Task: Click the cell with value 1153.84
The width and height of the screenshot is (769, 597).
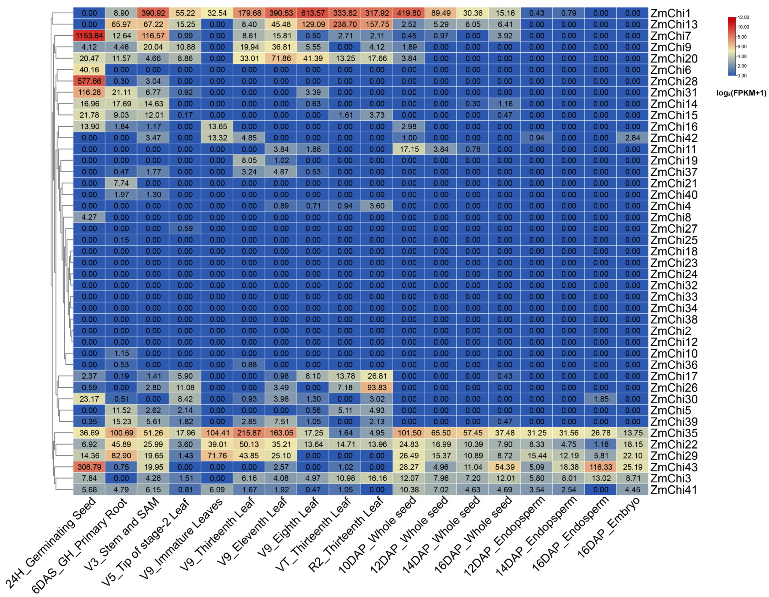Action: (89, 36)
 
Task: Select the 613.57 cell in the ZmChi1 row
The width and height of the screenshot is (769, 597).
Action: (313, 13)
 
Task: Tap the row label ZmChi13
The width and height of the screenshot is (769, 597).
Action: (674, 25)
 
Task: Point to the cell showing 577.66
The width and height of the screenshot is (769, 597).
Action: (89, 81)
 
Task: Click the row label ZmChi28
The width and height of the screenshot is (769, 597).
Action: (674, 81)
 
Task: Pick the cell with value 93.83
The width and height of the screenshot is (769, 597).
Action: (377, 387)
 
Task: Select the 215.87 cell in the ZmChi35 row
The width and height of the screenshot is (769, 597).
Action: (249, 433)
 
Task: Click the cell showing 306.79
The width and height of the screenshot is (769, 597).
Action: (89, 467)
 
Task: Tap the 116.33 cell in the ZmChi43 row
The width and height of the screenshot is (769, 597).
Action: (600, 467)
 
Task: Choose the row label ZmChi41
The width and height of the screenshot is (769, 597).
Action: (674, 490)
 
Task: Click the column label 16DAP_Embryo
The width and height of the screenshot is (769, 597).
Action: (609, 529)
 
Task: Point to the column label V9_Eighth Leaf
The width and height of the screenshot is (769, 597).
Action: (289, 529)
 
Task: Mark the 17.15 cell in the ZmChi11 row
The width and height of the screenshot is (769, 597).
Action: (409, 149)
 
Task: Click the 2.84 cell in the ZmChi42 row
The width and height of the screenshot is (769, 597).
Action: (632, 138)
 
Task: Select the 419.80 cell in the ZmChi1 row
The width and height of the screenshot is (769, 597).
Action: (409, 13)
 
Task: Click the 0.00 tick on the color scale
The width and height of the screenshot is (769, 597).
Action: (742, 76)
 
